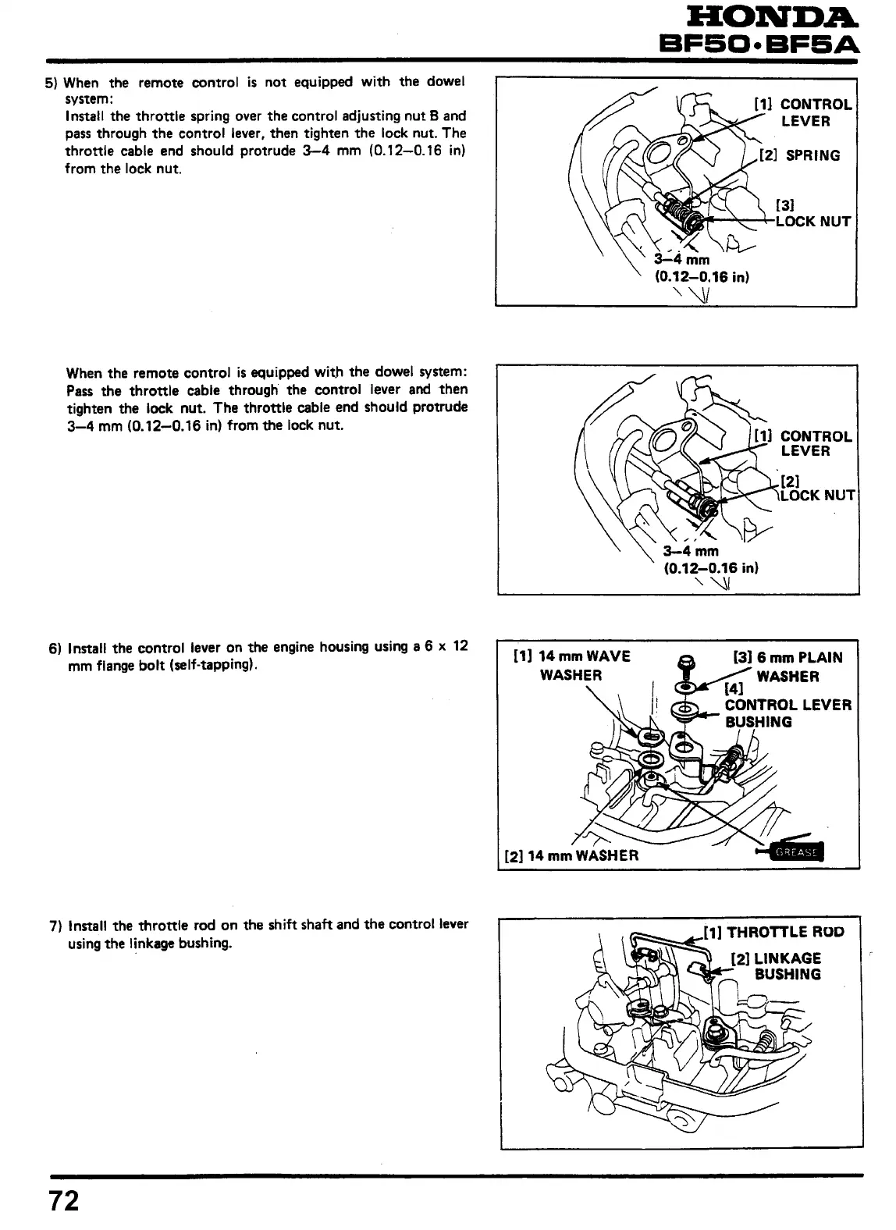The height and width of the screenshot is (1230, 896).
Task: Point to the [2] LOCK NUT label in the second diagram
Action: point(816,489)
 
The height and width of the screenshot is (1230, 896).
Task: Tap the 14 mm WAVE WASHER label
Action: point(571,665)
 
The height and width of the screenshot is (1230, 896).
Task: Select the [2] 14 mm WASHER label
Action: point(572,855)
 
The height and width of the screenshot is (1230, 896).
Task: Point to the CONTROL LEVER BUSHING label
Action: point(788,713)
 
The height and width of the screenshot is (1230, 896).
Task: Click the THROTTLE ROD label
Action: point(773,931)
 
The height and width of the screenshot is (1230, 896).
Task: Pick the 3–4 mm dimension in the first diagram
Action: point(681,260)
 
